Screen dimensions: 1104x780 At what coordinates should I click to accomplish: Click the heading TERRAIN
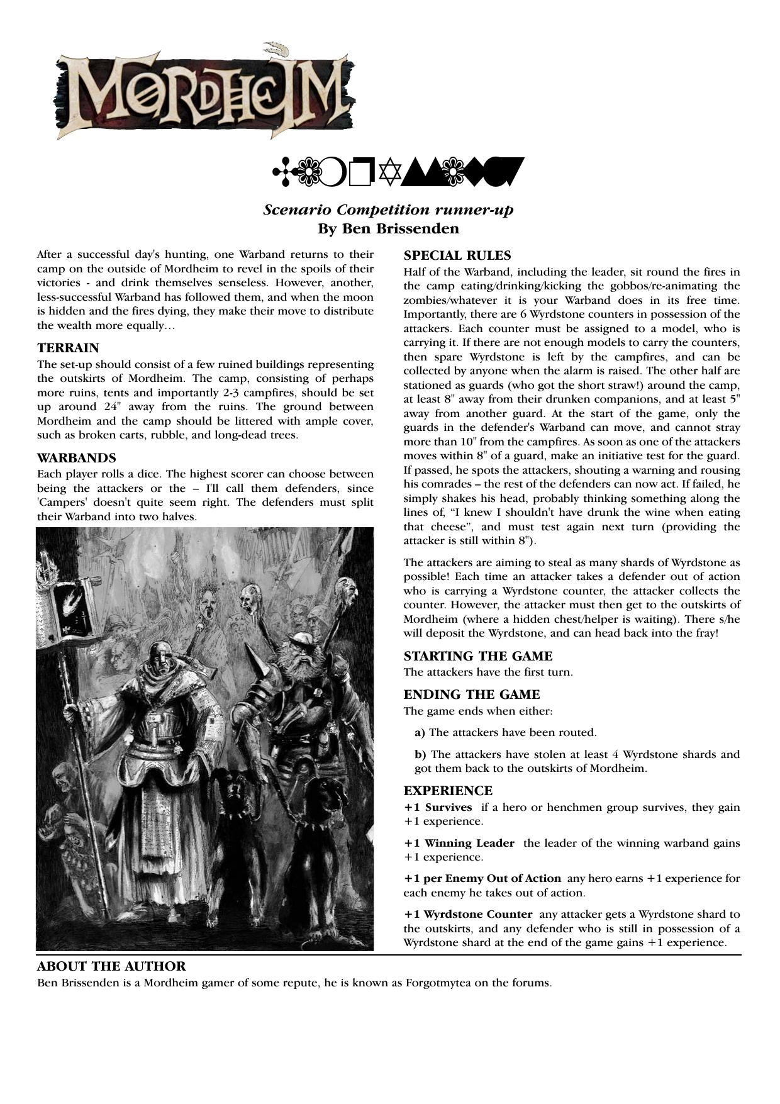coord(68,348)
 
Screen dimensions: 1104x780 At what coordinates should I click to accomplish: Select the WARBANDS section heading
coord(76,458)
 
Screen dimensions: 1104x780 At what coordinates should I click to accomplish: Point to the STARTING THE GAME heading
coord(478,656)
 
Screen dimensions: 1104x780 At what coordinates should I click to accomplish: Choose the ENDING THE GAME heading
coord(472,694)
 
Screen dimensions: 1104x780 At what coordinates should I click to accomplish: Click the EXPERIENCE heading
coord(448,791)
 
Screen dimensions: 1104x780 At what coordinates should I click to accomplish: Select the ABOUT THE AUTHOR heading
coord(111,966)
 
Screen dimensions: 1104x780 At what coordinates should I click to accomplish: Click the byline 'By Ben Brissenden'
coord(388,228)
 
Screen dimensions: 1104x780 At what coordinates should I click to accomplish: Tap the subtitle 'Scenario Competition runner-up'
coord(388,209)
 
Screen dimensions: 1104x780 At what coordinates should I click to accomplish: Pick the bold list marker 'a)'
coord(420,732)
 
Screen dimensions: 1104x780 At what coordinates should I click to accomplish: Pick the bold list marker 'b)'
coord(420,754)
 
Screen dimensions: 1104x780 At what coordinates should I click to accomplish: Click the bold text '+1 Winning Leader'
coord(459,843)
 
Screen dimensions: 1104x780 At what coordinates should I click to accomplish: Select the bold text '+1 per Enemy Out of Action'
coord(482,878)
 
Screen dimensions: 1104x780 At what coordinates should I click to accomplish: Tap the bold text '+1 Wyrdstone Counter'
coord(468,914)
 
